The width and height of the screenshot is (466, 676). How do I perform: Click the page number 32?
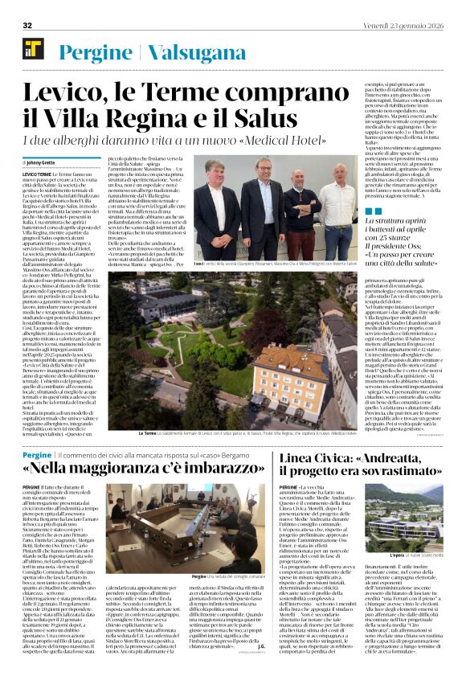(27, 26)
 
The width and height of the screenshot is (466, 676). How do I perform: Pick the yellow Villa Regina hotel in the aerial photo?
(267, 391)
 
